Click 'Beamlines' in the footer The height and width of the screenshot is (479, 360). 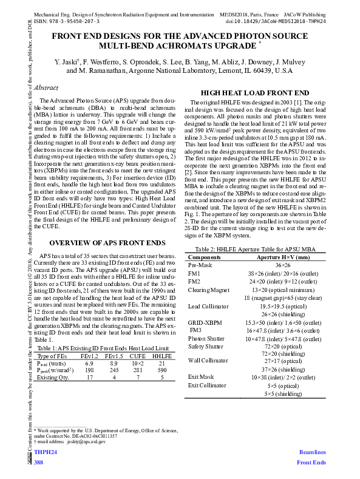click(x=312, y=453)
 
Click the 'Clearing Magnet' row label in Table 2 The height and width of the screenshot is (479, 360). click(x=208, y=290)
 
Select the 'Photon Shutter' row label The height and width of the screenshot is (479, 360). click(x=206, y=338)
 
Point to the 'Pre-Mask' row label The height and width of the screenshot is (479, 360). click(x=200, y=265)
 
